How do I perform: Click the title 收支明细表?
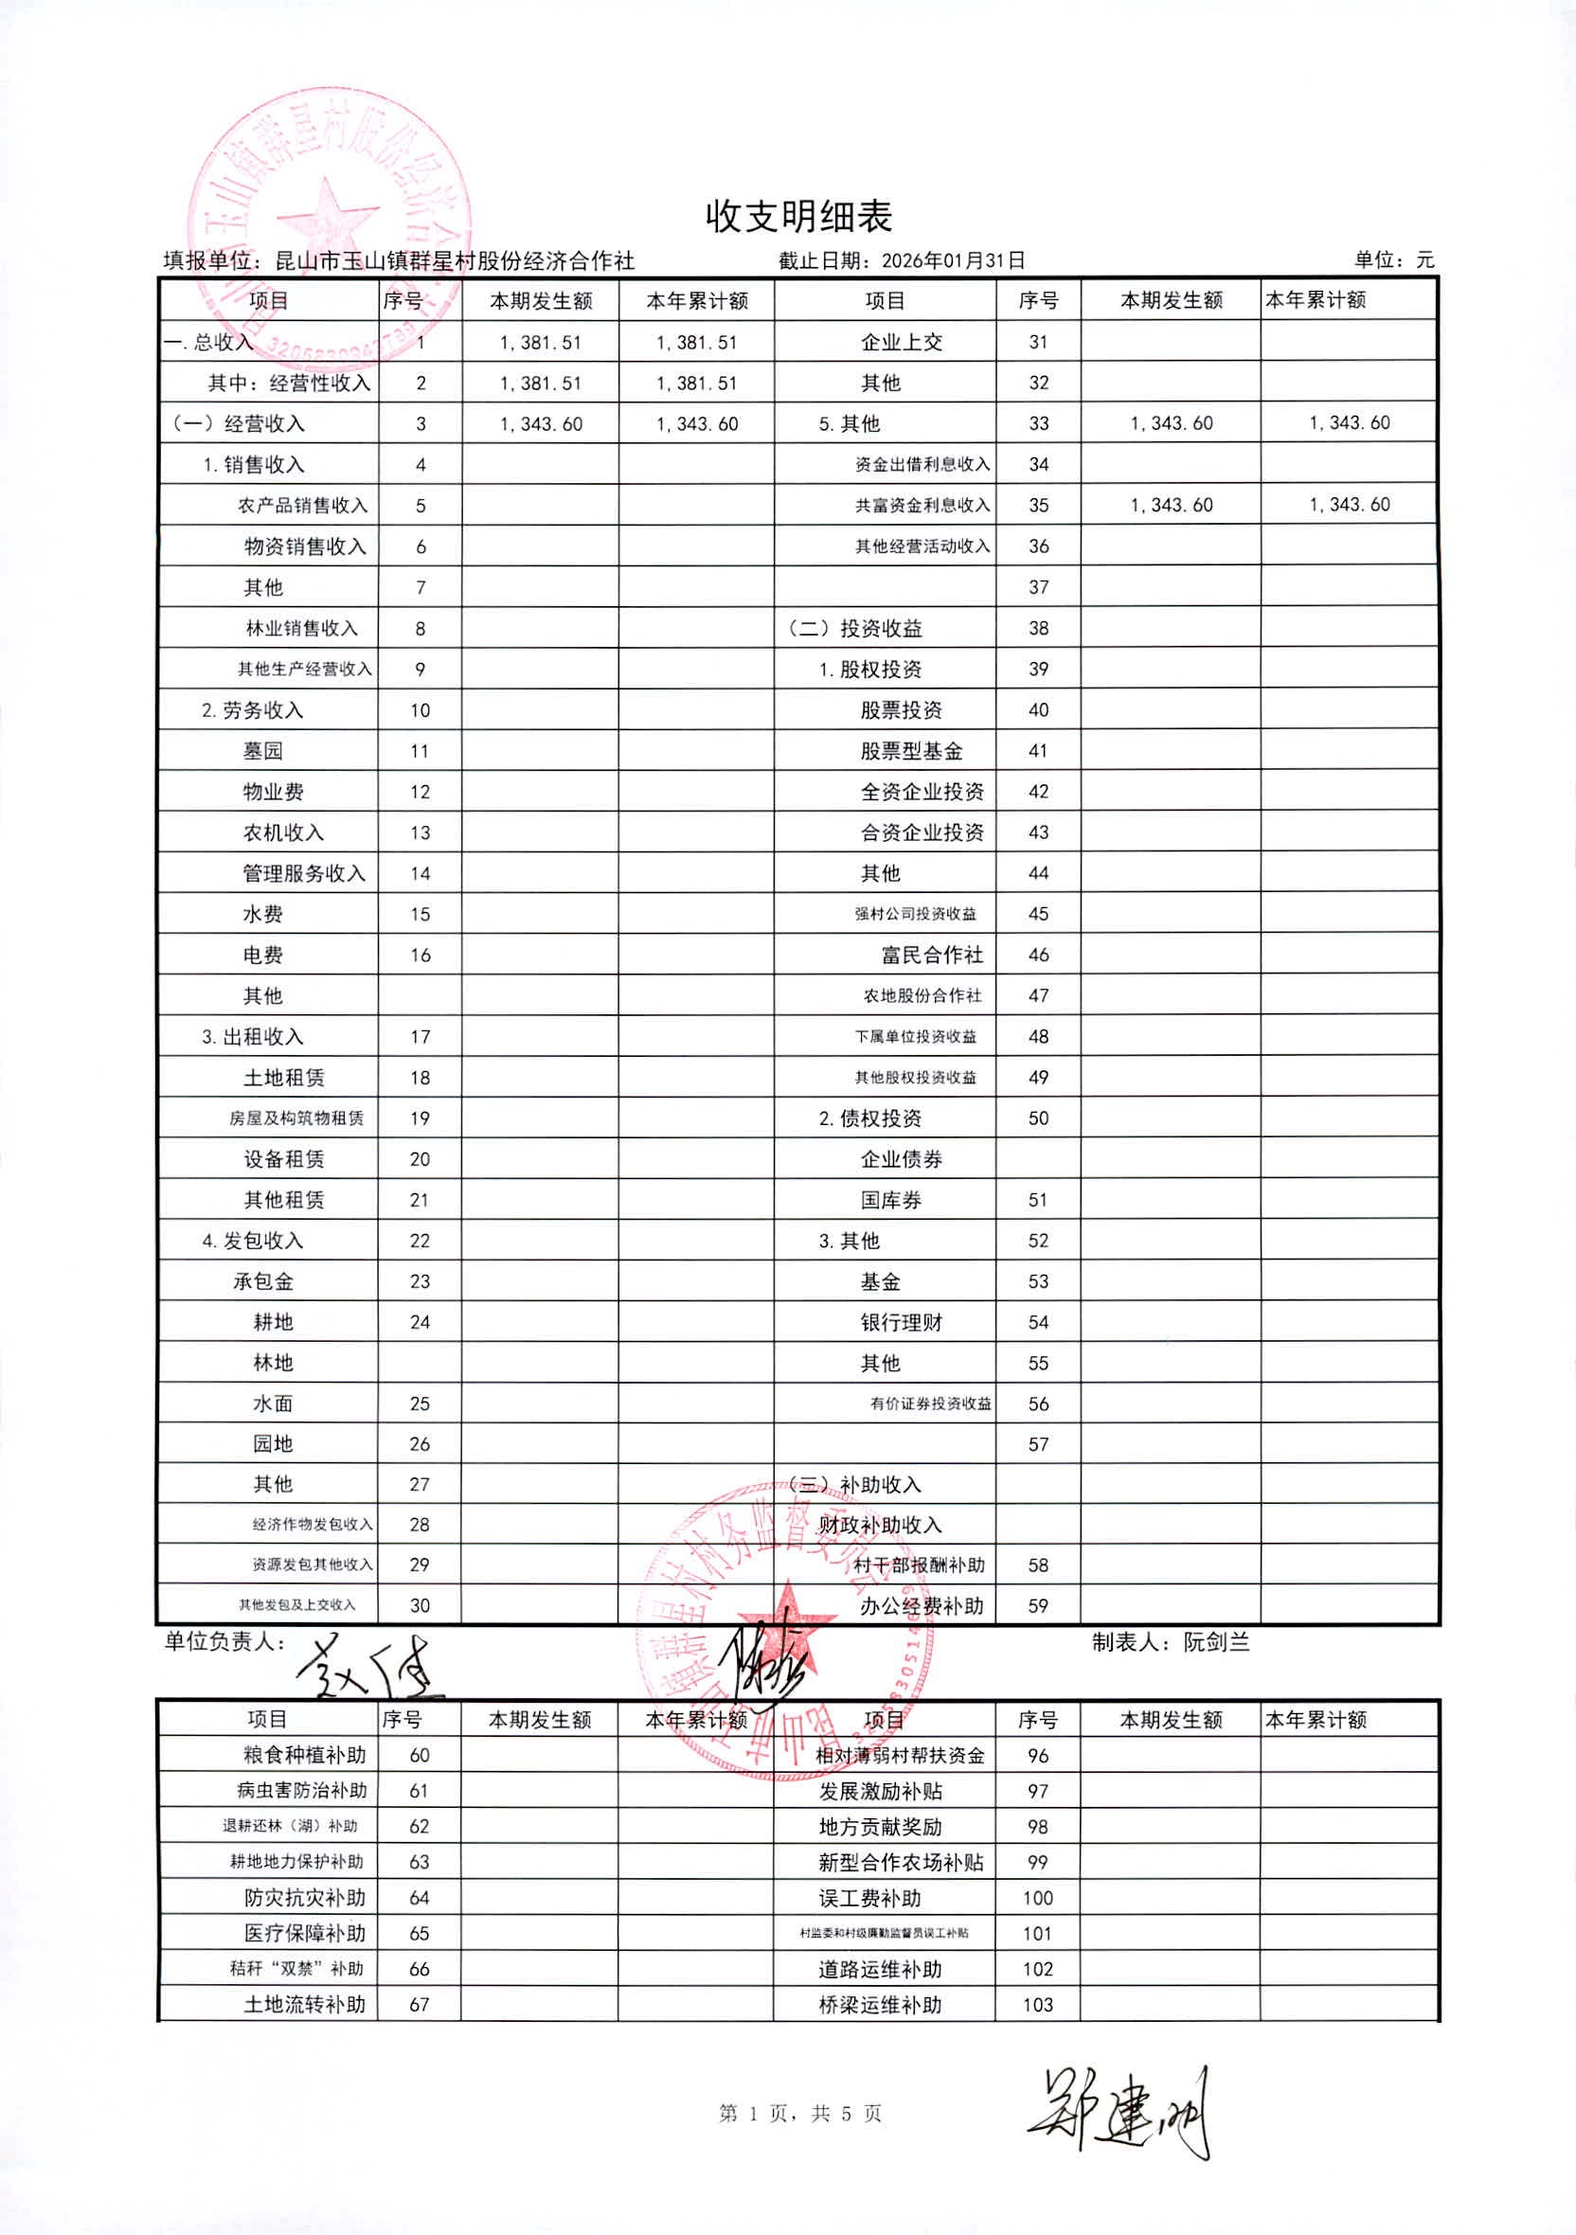(798, 216)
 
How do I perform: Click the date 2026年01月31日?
(953, 260)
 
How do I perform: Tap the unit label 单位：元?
(1393, 259)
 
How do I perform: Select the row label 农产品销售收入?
(303, 506)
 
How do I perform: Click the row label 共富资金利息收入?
(922, 506)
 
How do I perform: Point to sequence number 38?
(1038, 629)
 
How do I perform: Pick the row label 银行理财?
(901, 1323)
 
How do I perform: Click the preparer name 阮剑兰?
(1216, 1643)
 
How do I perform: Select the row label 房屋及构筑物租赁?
(295, 1118)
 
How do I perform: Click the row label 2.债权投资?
(869, 1118)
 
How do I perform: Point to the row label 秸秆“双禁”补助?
(295, 1968)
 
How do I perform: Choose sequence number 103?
(1038, 2004)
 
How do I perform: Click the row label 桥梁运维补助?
(880, 2004)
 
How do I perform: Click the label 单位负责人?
(224, 1642)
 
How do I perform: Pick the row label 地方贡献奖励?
(880, 1827)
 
